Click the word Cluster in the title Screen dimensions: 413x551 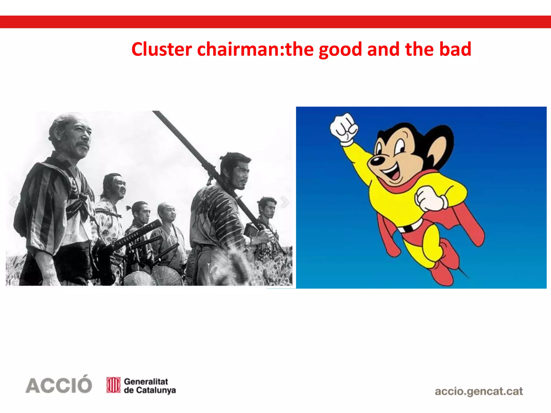[161, 49]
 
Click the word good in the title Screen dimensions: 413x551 [340, 50]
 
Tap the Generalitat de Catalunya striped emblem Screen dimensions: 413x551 [113, 385]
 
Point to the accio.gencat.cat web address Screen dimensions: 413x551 [479, 391]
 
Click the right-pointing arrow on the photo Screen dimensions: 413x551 [284, 202]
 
